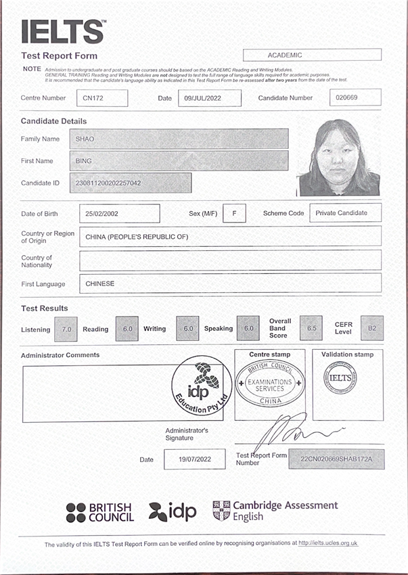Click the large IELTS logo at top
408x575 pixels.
point(62,32)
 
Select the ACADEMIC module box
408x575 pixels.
point(312,55)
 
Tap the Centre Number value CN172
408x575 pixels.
point(101,98)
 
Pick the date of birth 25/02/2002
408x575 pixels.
point(120,213)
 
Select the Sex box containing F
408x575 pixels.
point(234,213)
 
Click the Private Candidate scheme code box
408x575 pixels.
point(345,213)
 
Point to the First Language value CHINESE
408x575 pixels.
point(230,283)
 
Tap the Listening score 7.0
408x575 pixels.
point(66,329)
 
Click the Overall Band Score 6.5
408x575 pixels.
point(311,328)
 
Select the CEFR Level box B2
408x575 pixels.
point(371,328)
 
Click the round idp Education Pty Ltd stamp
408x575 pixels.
point(202,388)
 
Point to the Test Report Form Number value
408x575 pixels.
point(336,459)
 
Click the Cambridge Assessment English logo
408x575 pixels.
point(275,510)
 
